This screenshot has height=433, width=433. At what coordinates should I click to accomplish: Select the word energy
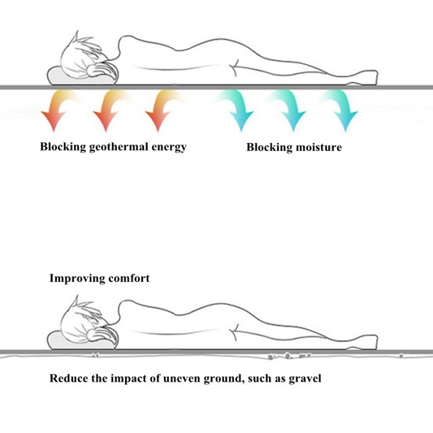pyautogui.click(x=170, y=147)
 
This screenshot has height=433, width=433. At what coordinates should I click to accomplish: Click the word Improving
pyautogui.click(x=77, y=278)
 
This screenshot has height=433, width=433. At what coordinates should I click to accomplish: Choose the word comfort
pyautogui.click(x=129, y=278)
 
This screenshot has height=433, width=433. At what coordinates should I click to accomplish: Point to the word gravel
pyautogui.click(x=305, y=378)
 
